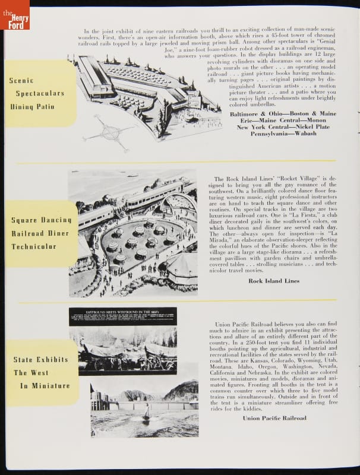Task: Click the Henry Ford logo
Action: pos(14,14)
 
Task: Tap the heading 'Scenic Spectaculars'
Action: pos(36,87)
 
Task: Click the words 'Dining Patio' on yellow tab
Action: pos(32,107)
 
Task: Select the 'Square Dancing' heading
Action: pos(41,220)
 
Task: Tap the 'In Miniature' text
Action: pos(41,386)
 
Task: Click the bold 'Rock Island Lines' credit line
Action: pos(274,280)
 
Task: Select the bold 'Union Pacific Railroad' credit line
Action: pos(274,418)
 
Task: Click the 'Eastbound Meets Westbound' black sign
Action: pos(122,316)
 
